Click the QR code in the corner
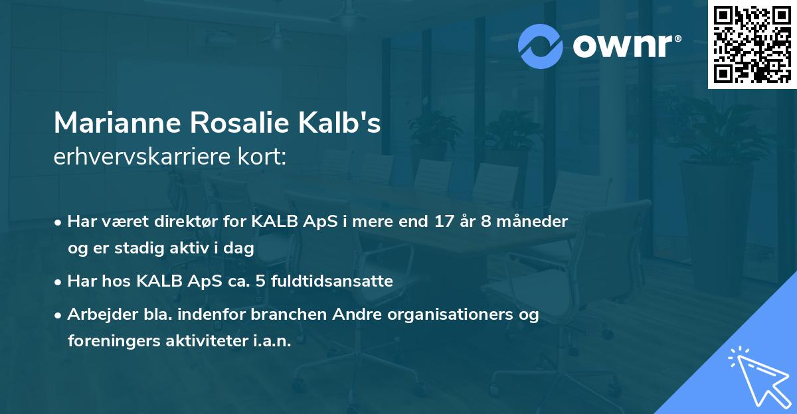(x=752, y=44)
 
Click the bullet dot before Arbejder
(x=59, y=315)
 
